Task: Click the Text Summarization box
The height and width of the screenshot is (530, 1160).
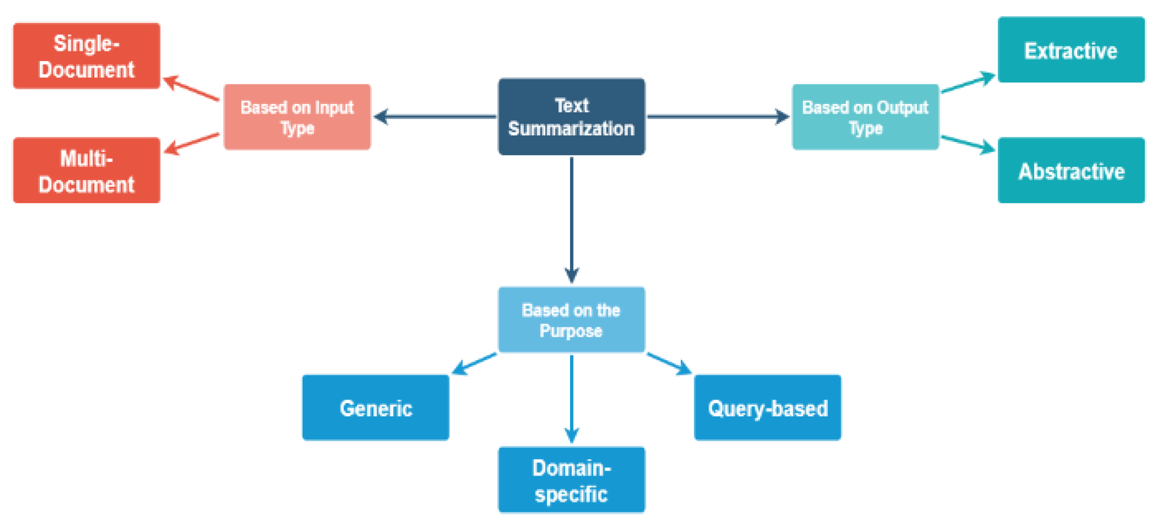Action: point(571,117)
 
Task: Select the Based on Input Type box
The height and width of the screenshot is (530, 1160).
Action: point(297,117)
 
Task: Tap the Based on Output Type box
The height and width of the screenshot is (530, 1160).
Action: point(865,117)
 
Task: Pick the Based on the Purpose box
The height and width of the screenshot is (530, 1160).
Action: point(571,320)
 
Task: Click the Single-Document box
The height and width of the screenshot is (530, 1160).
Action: point(87,56)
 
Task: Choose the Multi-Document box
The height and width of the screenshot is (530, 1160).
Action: point(87,170)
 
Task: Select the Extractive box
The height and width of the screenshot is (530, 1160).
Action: point(1070,50)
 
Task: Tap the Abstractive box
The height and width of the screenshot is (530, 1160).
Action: point(1070,170)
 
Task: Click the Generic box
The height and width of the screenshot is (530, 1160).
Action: point(376,408)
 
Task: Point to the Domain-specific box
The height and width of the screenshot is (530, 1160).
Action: point(571,480)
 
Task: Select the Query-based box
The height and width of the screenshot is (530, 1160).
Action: point(767,408)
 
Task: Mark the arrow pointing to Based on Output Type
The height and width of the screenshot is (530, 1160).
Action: point(718,117)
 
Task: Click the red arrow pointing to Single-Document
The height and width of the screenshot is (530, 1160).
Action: point(192,88)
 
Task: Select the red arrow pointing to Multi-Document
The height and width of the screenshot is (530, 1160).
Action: point(192,143)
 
